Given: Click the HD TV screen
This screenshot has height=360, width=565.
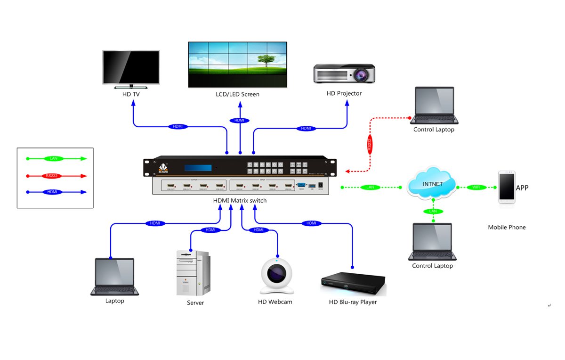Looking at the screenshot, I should [131, 66].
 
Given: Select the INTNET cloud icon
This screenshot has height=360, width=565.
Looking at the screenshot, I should [432, 183].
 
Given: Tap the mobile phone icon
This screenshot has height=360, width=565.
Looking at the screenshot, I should [507, 188].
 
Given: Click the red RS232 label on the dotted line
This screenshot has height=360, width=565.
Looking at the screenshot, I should [370, 144].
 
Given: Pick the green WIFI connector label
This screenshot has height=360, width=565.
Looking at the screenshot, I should [476, 188].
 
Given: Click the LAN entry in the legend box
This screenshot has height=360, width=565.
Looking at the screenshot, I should [53, 159].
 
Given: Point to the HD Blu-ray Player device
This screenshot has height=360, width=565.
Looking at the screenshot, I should [353, 284].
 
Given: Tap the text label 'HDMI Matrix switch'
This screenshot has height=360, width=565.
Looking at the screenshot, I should [240, 201].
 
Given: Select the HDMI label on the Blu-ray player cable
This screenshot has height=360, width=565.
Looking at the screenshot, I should [311, 223].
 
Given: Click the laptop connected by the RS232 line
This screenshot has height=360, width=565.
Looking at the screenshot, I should [434, 106].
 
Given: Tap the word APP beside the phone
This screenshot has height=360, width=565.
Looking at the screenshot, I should [522, 188].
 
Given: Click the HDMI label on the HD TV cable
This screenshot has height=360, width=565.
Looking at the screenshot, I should [178, 127].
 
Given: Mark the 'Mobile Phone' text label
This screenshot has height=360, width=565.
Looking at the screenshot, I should [507, 227].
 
